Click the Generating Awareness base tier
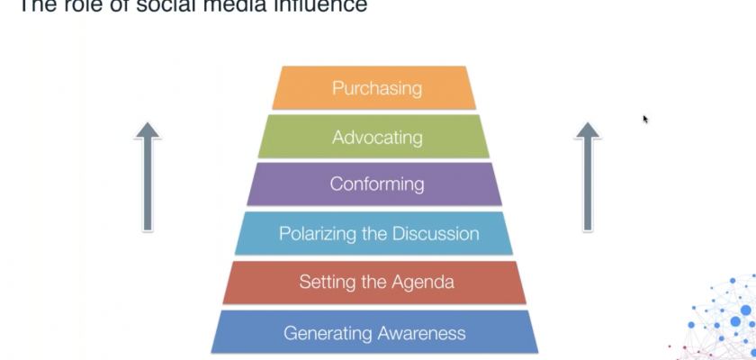click(374, 332)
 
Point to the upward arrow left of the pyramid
click(148, 177)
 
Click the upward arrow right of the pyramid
click(588, 177)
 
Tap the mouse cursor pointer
click(645, 119)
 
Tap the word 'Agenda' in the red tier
click(423, 283)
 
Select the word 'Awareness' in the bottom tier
click(421, 332)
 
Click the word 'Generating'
click(327, 333)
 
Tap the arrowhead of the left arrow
click(148, 131)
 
